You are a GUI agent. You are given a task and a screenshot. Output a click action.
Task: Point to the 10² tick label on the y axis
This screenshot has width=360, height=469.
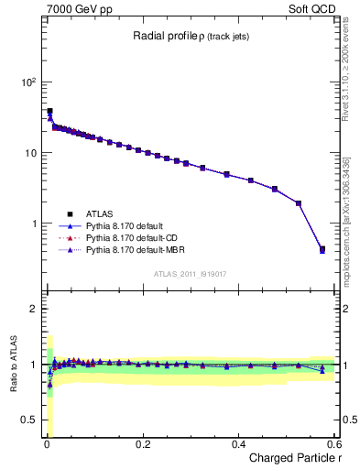coord(28,82)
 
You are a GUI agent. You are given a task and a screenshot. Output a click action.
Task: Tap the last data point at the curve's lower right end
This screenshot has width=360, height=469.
coord(322,248)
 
